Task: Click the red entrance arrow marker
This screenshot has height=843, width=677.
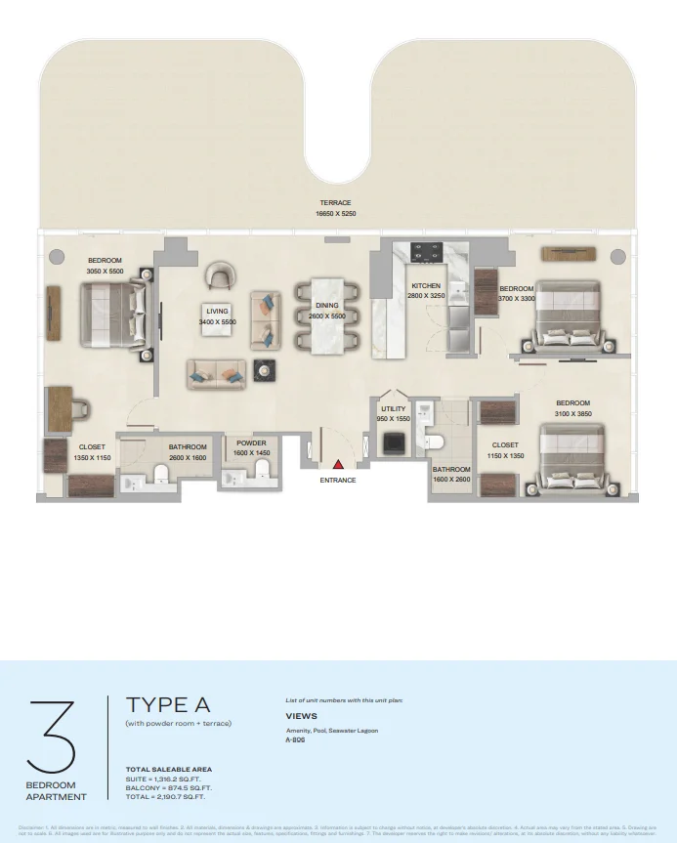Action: pos(338,466)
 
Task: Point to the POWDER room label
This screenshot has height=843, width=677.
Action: pos(251,443)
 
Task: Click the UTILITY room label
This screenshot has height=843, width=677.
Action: pos(394,409)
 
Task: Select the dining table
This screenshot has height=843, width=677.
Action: pos(326,315)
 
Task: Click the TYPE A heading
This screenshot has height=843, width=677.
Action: pos(167,705)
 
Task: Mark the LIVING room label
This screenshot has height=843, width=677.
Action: pos(216,312)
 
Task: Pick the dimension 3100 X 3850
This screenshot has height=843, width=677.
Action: pos(573,413)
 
